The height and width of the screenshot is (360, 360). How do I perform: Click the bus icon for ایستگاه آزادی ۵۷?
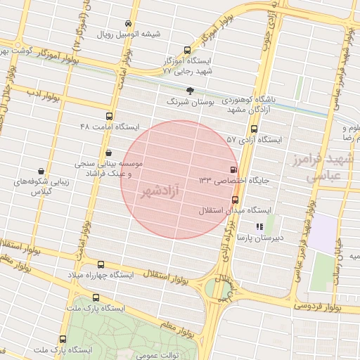(254, 129)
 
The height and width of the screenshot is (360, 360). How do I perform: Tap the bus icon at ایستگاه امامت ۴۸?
(108, 117)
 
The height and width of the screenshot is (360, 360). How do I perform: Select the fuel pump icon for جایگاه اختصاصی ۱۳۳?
(233, 169)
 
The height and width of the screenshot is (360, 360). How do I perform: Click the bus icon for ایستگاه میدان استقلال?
(235, 199)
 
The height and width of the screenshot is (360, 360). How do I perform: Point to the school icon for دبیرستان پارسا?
(259, 226)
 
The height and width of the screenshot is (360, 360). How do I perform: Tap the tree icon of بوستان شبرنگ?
(191, 90)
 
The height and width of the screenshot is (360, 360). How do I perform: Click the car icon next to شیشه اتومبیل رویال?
(127, 22)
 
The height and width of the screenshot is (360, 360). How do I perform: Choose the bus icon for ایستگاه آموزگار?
(186, 50)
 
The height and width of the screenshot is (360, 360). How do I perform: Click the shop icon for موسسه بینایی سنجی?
(108, 153)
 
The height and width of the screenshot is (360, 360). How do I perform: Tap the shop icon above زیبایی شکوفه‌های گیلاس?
(41, 170)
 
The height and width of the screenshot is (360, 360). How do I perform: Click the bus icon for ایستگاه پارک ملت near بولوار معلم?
(96, 297)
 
